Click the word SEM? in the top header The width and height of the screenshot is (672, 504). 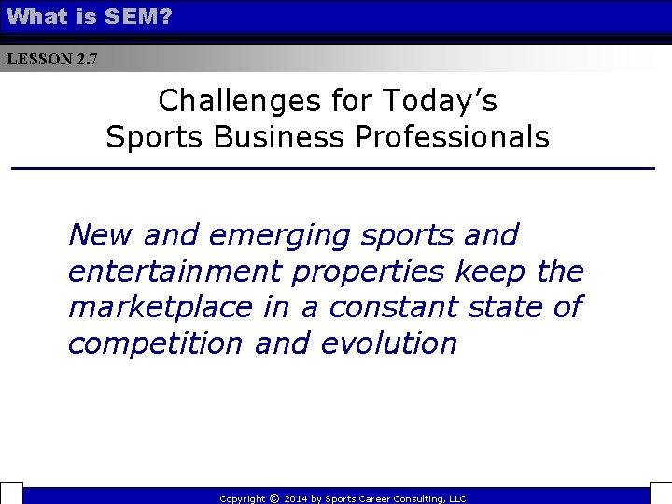[x=141, y=16]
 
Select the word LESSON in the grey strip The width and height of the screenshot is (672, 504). [x=38, y=59]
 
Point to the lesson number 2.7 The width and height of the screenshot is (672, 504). [x=86, y=59]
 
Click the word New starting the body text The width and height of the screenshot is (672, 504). [x=101, y=235]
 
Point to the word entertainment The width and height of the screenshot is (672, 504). [x=175, y=272]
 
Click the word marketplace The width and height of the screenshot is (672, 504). [x=160, y=306]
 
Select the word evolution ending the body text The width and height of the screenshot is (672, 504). [x=388, y=343]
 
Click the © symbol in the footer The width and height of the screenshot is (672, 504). [x=274, y=498]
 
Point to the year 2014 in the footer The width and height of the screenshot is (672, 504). [x=294, y=499]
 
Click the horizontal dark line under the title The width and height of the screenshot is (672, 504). [x=332, y=168]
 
